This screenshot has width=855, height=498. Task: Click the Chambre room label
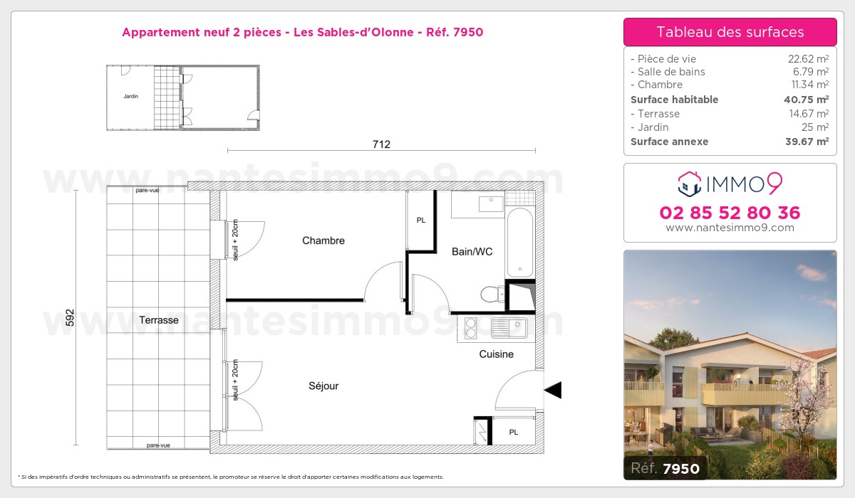(323, 240)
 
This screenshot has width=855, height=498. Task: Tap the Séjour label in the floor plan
(323, 386)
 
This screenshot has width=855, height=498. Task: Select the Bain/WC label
(472, 252)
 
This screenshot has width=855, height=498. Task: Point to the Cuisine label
(496, 354)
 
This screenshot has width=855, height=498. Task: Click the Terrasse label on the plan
(159, 320)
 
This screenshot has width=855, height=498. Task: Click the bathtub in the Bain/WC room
(519, 243)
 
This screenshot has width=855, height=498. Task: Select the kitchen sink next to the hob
(509, 328)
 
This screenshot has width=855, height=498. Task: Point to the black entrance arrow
(553, 390)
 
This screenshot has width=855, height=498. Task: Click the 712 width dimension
(381, 144)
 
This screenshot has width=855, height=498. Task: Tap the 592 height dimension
(70, 317)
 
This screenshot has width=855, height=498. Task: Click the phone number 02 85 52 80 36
(730, 213)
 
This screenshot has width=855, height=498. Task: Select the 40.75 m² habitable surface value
(806, 100)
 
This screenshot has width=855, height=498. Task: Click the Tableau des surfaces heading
(730, 32)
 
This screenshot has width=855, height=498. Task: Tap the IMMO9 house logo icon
(689, 184)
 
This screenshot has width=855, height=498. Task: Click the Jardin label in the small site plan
(130, 96)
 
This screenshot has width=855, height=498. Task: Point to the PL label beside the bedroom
(421, 221)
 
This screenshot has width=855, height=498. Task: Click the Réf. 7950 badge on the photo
(665, 468)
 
